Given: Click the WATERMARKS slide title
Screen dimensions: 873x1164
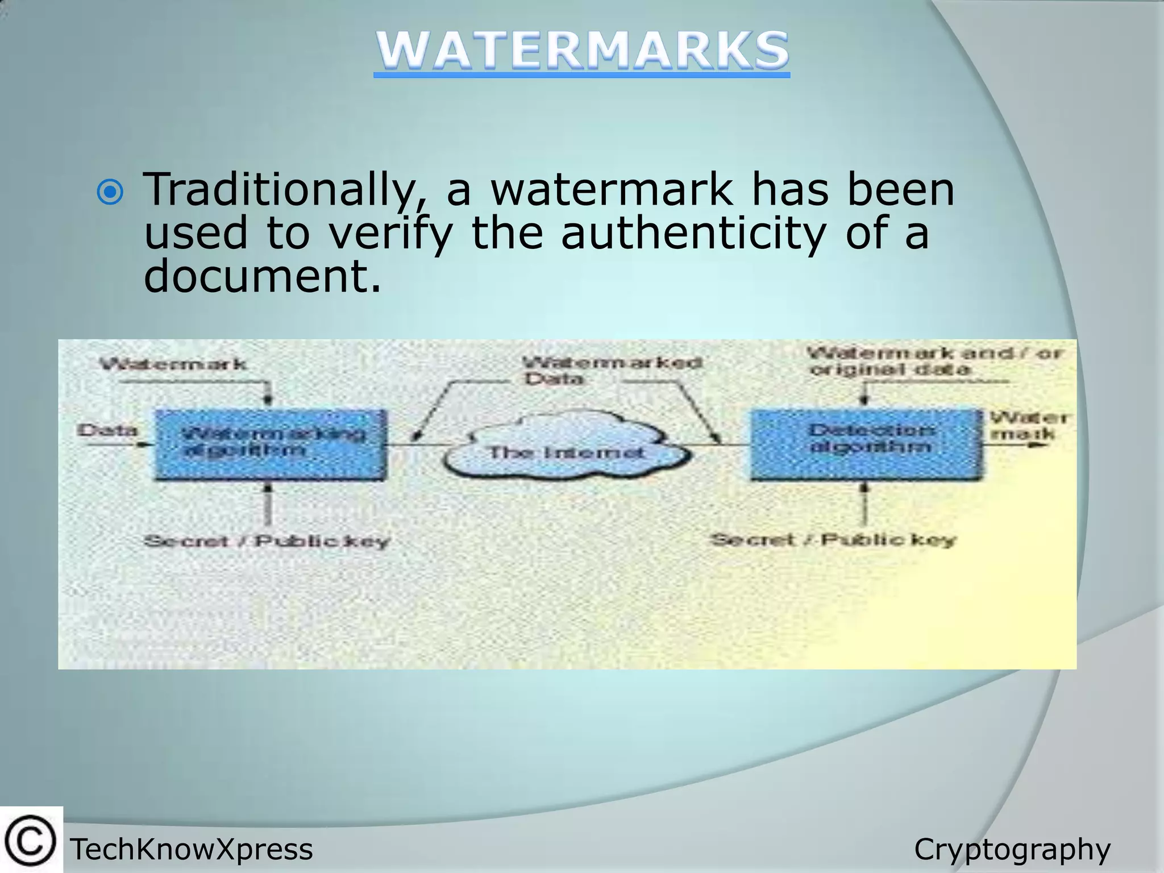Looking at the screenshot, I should pos(581,51).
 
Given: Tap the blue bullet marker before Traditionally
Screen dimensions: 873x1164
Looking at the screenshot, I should pos(110,193).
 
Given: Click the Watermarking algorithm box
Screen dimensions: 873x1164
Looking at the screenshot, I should pos(271,444).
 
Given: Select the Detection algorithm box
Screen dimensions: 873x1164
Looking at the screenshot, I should pos(866,444).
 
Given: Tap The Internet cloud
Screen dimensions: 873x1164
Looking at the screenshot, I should pos(566,452).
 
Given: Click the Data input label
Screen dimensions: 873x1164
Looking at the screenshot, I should pos(107,430).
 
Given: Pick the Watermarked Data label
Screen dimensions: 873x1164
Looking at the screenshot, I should pos(612,370).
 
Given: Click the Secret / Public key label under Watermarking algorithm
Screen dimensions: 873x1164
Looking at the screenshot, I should pos(267,541).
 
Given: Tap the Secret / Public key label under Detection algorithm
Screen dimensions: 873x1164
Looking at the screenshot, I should pos(833,539).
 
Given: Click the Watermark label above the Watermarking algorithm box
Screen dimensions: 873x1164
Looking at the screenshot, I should pos(173,364).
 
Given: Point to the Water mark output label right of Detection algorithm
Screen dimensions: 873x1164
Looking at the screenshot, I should pos(1029,426).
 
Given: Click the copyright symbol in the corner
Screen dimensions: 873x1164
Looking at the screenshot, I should pos(31,841).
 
